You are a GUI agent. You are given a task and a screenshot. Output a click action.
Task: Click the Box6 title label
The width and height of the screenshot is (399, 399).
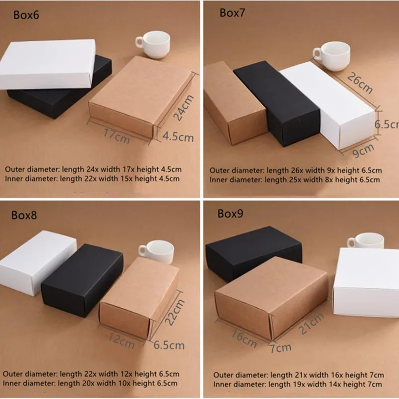26,15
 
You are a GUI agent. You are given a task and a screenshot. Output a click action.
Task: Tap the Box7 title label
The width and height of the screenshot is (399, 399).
232,13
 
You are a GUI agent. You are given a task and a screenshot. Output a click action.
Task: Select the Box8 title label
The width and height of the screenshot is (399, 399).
24,215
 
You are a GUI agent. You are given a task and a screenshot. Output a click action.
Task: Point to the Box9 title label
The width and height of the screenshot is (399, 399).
230,213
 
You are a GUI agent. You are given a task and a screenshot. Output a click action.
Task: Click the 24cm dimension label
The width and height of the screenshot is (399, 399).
183,107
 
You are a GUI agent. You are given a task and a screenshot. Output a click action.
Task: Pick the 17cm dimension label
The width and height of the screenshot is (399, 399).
117,136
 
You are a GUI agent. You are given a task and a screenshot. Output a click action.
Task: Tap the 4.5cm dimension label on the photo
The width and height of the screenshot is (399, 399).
178,137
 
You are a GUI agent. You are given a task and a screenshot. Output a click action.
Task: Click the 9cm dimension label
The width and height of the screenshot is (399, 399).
363,151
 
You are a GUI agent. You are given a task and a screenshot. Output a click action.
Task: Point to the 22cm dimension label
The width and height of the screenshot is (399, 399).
175,312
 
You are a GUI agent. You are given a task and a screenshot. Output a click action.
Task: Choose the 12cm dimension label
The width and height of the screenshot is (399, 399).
121,341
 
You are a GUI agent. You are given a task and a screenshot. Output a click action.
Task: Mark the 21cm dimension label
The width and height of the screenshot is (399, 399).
311,324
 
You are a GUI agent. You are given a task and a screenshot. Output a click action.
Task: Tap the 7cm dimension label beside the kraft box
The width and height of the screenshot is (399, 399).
280,347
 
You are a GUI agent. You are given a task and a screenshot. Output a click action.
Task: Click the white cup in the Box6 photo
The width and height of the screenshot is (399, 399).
153,44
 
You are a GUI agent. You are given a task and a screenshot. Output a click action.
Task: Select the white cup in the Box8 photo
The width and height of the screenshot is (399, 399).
156,252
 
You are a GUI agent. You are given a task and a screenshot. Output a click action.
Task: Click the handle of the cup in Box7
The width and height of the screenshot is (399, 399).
317,54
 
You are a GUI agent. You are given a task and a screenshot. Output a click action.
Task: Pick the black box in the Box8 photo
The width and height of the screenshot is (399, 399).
82,280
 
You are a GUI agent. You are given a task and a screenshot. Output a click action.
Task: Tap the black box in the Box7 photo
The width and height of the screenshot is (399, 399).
277,103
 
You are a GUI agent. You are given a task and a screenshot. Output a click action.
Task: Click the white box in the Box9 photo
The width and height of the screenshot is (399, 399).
366,282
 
